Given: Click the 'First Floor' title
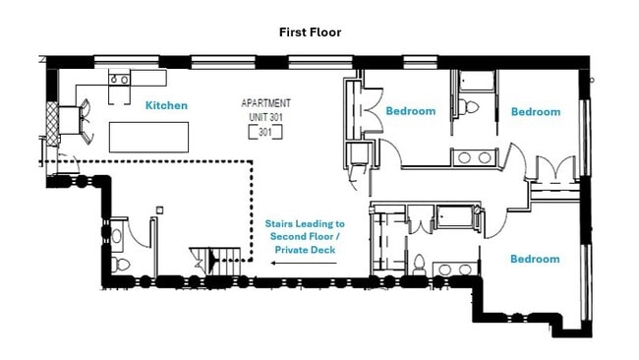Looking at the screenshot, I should (x=311, y=32).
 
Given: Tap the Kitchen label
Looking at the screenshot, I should (x=166, y=105).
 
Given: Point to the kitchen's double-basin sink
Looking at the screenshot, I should (x=120, y=79).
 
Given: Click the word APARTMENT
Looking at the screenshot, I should (x=265, y=103).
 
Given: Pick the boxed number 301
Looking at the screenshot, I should (x=264, y=132).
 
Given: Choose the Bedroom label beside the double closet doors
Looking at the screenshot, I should (x=410, y=111).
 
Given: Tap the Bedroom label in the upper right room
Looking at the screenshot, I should (x=535, y=112).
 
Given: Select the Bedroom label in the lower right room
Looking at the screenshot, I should (x=534, y=260).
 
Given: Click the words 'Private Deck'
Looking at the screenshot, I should (x=305, y=250).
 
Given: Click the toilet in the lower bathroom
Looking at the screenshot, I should (x=419, y=264).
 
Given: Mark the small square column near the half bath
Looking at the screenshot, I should (x=158, y=209).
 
